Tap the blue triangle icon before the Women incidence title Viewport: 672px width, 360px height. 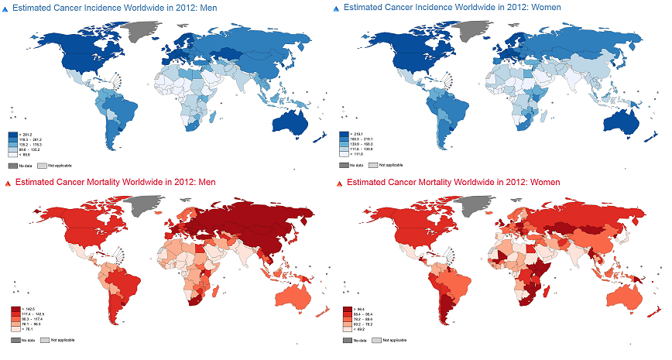335,7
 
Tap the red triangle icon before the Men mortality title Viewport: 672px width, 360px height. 7,183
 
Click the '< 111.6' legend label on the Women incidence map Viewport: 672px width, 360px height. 357,154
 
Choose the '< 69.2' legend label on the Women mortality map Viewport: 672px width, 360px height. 362,329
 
